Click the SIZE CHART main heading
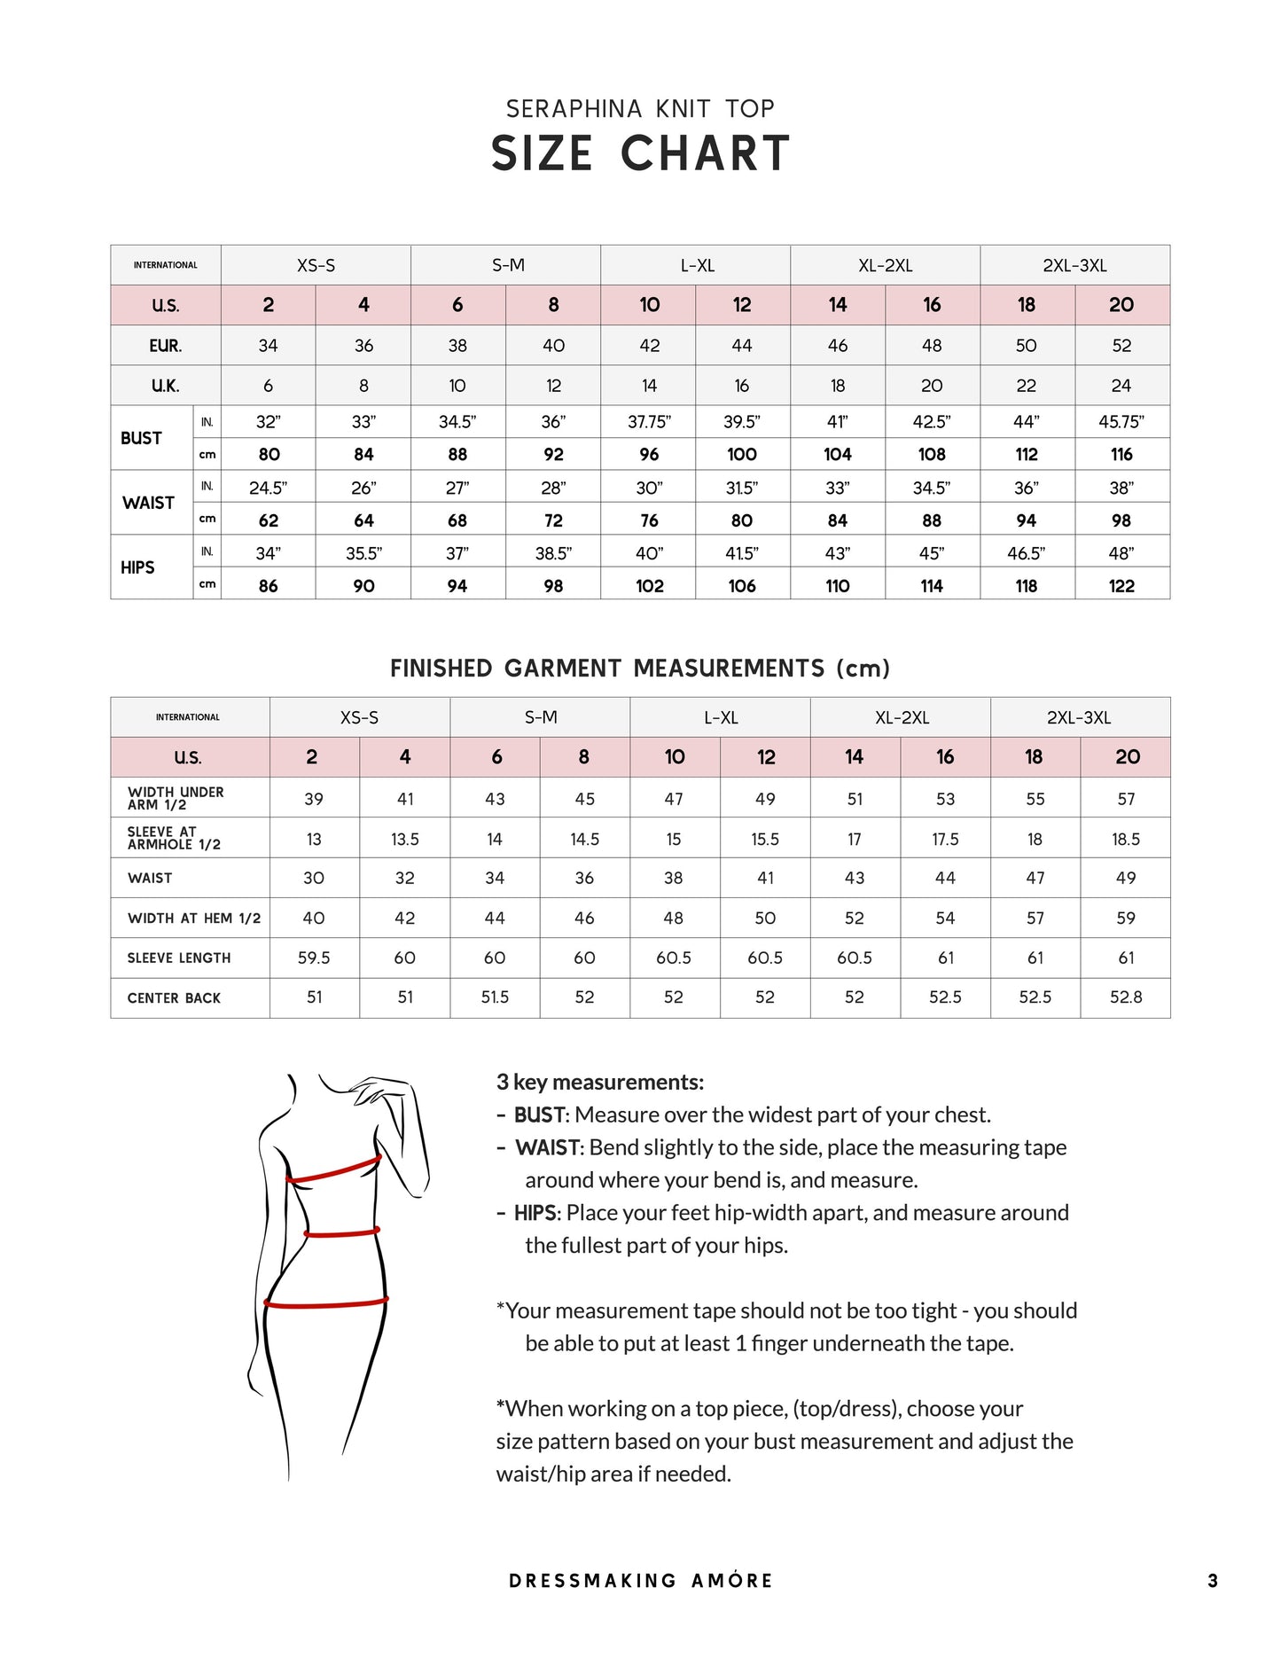pos(640,153)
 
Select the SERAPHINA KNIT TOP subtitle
pos(640,109)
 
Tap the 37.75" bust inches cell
pos(649,422)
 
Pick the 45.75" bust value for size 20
pos(1121,422)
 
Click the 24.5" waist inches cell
pos(268,488)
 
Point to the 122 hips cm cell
pos(1121,586)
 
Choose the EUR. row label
pos(166,346)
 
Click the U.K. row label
pos(166,386)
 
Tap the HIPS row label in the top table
pos(138,567)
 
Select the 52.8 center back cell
pos(1126,997)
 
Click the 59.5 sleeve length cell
pos(314,958)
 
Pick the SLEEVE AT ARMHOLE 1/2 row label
pos(174,838)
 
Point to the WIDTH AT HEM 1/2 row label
pos(194,919)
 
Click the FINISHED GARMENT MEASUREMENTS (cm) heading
pos(640,669)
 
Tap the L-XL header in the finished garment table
pos(721,717)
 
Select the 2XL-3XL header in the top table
pos(1074,265)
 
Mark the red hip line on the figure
pos(326,1303)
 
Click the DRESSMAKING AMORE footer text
pos(640,1581)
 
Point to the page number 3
pos(1213,1581)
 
